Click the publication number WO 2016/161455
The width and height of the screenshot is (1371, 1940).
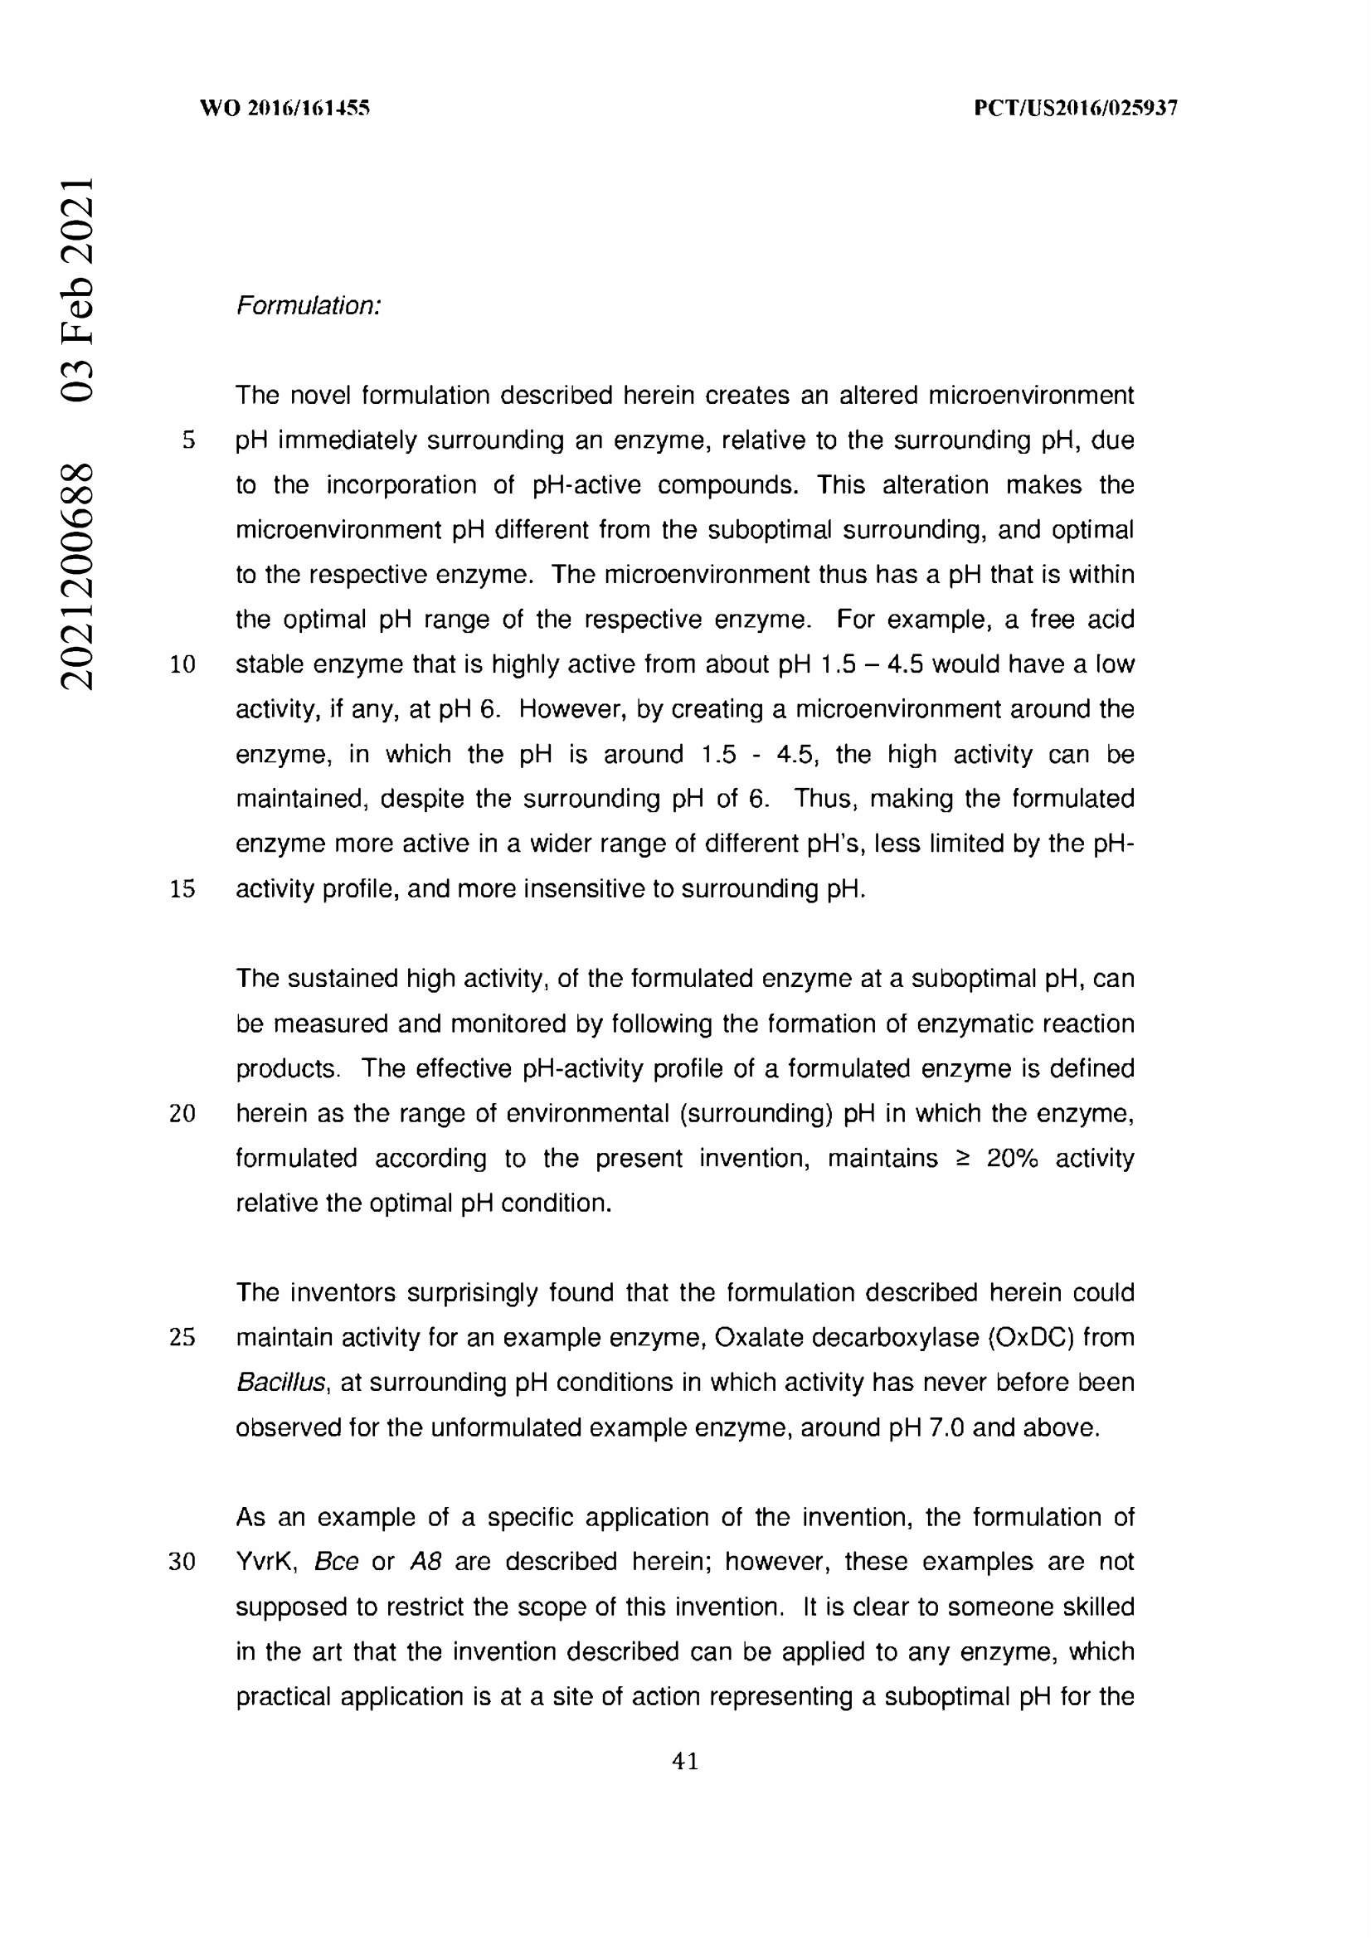(284, 108)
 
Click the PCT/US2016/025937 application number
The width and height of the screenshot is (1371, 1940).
(1076, 108)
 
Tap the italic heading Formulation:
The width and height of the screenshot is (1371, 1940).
(309, 306)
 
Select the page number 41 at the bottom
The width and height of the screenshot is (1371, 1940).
(685, 1761)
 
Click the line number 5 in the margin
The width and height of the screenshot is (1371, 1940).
(188, 440)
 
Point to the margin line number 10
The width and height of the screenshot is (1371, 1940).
(182, 664)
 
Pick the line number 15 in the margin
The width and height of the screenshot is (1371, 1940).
(182, 889)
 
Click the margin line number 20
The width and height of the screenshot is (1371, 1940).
(182, 1114)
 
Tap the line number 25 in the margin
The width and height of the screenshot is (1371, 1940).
(182, 1338)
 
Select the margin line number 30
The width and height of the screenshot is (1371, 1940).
(182, 1562)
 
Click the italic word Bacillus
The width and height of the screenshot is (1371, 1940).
(280, 1383)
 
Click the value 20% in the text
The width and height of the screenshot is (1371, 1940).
(1012, 1158)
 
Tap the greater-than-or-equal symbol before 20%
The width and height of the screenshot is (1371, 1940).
(962, 1159)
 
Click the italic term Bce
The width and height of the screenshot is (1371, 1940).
(336, 1562)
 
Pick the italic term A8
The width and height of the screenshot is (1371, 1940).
(425, 1562)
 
